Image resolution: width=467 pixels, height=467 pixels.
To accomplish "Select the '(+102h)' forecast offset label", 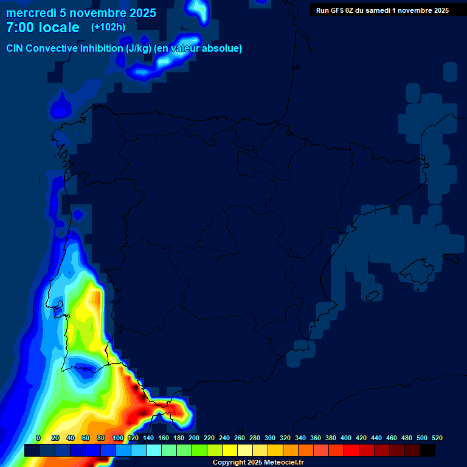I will click(108, 27).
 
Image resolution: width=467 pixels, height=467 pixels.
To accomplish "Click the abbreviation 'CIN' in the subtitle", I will click(16, 48).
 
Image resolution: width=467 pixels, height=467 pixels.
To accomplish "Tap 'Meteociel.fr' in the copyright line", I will click(283, 463).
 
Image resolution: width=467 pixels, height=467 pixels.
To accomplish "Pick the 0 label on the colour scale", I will click(38, 438).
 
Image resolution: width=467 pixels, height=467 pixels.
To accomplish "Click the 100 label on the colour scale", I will click(118, 438).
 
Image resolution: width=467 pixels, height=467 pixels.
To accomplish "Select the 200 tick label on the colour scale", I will click(194, 438).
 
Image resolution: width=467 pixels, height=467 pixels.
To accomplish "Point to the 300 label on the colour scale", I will click(270, 438).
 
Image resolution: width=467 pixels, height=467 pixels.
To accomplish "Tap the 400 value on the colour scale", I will click(346, 438).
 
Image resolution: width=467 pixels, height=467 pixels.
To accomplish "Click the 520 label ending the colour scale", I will click(437, 438).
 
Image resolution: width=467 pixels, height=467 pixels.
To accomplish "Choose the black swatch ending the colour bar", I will click(427, 450).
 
